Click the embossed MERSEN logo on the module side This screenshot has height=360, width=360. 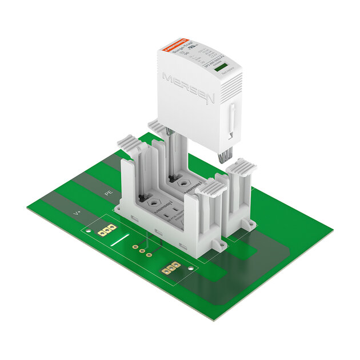pyautogui.click(x=188, y=87)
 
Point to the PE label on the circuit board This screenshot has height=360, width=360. pyautogui.click(x=108, y=194)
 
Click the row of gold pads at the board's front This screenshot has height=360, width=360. pyautogui.click(x=171, y=267)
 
